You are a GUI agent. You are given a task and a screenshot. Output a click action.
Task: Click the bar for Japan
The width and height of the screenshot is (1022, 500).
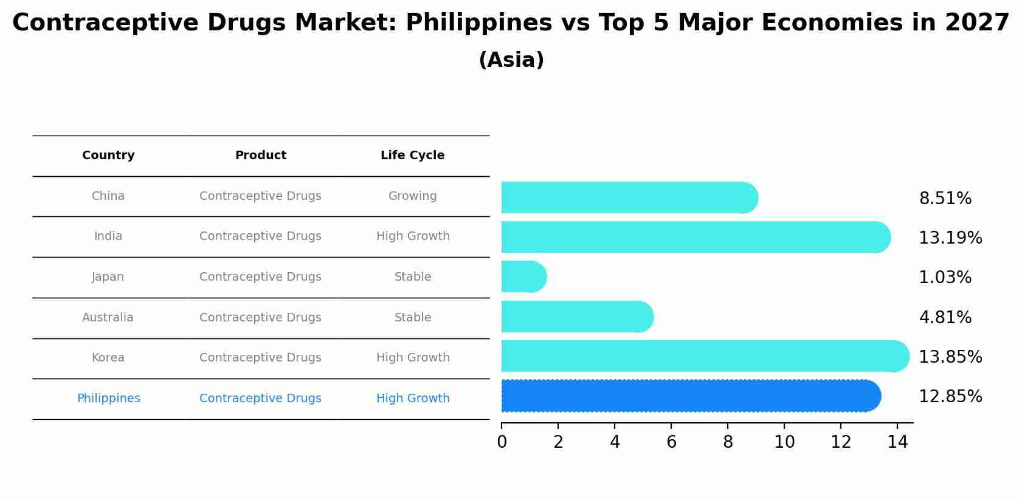pos(523,276)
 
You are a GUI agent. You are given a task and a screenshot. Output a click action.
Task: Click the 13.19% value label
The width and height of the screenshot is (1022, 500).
pos(950,238)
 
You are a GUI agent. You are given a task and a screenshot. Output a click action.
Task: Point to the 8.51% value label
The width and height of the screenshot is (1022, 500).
pos(945,199)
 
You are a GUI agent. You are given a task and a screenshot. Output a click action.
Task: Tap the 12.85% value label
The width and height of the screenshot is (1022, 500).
pos(950,397)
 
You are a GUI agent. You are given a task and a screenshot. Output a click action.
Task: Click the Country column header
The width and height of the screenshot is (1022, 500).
pos(108,156)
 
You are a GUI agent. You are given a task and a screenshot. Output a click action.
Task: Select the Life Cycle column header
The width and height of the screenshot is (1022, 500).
pos(412,156)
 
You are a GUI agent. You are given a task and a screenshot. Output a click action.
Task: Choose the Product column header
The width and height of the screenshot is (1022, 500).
pos(260,156)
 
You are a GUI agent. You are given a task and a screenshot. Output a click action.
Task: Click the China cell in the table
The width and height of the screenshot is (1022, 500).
pos(108,196)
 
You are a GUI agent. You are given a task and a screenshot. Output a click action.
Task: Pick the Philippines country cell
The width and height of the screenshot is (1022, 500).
pos(108,399)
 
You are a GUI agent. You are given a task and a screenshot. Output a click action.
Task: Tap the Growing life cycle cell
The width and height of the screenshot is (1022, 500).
pos(412,196)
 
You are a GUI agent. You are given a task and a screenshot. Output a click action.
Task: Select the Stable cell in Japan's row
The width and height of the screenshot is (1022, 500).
pos(412,277)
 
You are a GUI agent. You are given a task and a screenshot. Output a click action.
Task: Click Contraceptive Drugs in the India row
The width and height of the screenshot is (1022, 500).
pos(260,236)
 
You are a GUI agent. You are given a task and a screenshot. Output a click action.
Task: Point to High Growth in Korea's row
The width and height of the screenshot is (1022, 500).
pos(412,358)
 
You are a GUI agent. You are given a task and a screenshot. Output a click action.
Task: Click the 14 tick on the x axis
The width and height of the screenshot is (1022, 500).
pos(897,442)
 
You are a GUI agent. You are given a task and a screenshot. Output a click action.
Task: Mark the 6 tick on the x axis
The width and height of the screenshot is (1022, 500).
pos(671,442)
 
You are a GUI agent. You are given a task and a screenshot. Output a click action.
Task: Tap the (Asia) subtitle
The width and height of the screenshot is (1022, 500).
pos(511,60)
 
